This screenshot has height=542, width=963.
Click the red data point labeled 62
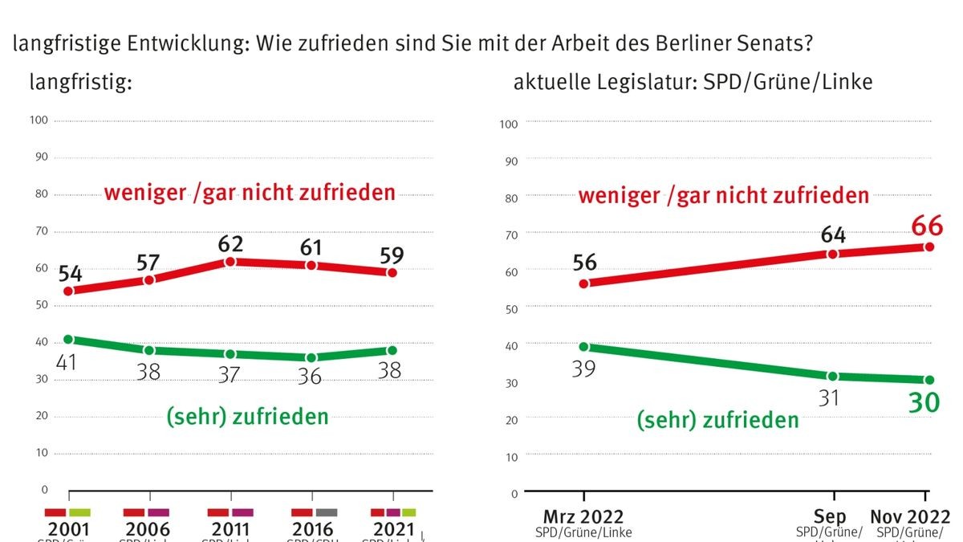[230, 262]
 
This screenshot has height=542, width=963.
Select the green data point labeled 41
[68, 340]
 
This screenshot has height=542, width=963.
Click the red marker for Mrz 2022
[584, 283]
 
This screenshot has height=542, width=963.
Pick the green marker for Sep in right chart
[833, 376]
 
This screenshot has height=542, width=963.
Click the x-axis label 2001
[69, 530]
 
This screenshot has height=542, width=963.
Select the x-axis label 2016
[314, 530]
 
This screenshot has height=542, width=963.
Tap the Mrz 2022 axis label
[584, 517]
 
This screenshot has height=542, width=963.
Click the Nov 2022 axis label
[910, 517]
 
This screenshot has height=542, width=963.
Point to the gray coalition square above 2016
[326, 511]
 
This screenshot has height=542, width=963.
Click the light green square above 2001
[80, 511]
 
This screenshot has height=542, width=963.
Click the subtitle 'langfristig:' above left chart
[80, 81]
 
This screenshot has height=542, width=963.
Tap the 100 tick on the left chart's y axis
[39, 120]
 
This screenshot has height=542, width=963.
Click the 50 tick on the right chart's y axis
[510, 308]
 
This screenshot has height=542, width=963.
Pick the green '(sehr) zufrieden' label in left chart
[247, 416]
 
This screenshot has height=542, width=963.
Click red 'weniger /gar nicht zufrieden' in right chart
[724, 195]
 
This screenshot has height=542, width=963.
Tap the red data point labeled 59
[392, 273]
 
